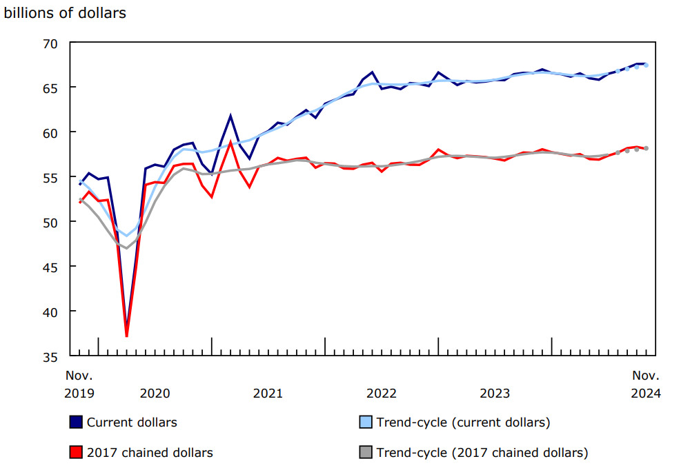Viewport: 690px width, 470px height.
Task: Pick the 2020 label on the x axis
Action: [155, 394]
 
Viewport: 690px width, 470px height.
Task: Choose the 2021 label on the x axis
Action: [268, 394]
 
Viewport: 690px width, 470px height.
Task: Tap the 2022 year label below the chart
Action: [382, 394]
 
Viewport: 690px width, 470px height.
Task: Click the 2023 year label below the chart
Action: [495, 394]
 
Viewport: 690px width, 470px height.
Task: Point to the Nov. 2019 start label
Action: [79, 385]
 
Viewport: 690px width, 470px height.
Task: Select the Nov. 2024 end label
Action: [647, 385]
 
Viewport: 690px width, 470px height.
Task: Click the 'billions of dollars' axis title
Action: [66, 13]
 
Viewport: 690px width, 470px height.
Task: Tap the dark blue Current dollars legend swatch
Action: [77, 422]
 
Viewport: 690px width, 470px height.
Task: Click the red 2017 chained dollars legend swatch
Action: [77, 453]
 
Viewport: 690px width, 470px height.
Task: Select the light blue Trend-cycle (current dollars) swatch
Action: [366, 422]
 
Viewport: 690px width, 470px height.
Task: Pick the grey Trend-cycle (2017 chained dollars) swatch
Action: [366, 453]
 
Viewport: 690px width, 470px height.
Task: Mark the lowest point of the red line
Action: [127, 336]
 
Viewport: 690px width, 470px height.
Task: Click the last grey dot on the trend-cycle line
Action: [646, 148]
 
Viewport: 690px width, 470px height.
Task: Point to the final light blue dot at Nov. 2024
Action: [646, 65]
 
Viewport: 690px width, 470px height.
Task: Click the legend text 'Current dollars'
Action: [132, 422]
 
